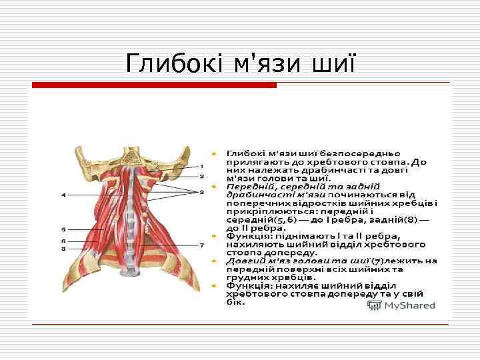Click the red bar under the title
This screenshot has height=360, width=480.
pyautogui.click(x=154, y=85)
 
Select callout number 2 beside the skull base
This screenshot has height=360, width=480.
pyautogui.click(x=201, y=177)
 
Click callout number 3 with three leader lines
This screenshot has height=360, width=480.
pyautogui.click(x=201, y=191)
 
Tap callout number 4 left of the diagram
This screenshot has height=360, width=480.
pyautogui.click(x=63, y=195)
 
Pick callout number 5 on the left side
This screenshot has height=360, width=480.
pyautogui.click(x=63, y=229)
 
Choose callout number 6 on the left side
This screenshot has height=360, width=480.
pyautogui.click(x=63, y=240)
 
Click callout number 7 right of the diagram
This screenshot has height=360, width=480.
pyautogui.click(x=201, y=245)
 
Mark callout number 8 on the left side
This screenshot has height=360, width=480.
pyautogui.click(x=63, y=248)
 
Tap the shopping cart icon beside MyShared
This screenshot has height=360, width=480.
pyautogui.click(x=374, y=305)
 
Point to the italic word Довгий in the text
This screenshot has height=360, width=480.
pyautogui.click(x=242, y=261)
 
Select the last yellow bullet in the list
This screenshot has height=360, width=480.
pyautogui.click(x=213, y=285)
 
